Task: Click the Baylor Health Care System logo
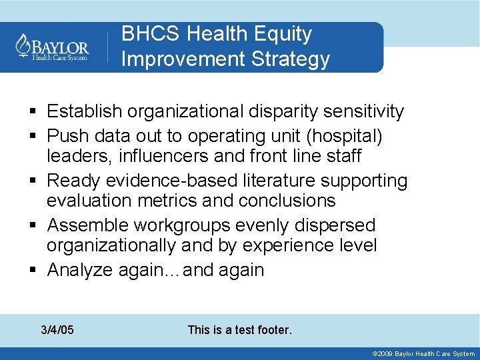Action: (53, 47)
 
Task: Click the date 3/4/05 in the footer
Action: (57, 330)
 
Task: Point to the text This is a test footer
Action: (239, 330)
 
